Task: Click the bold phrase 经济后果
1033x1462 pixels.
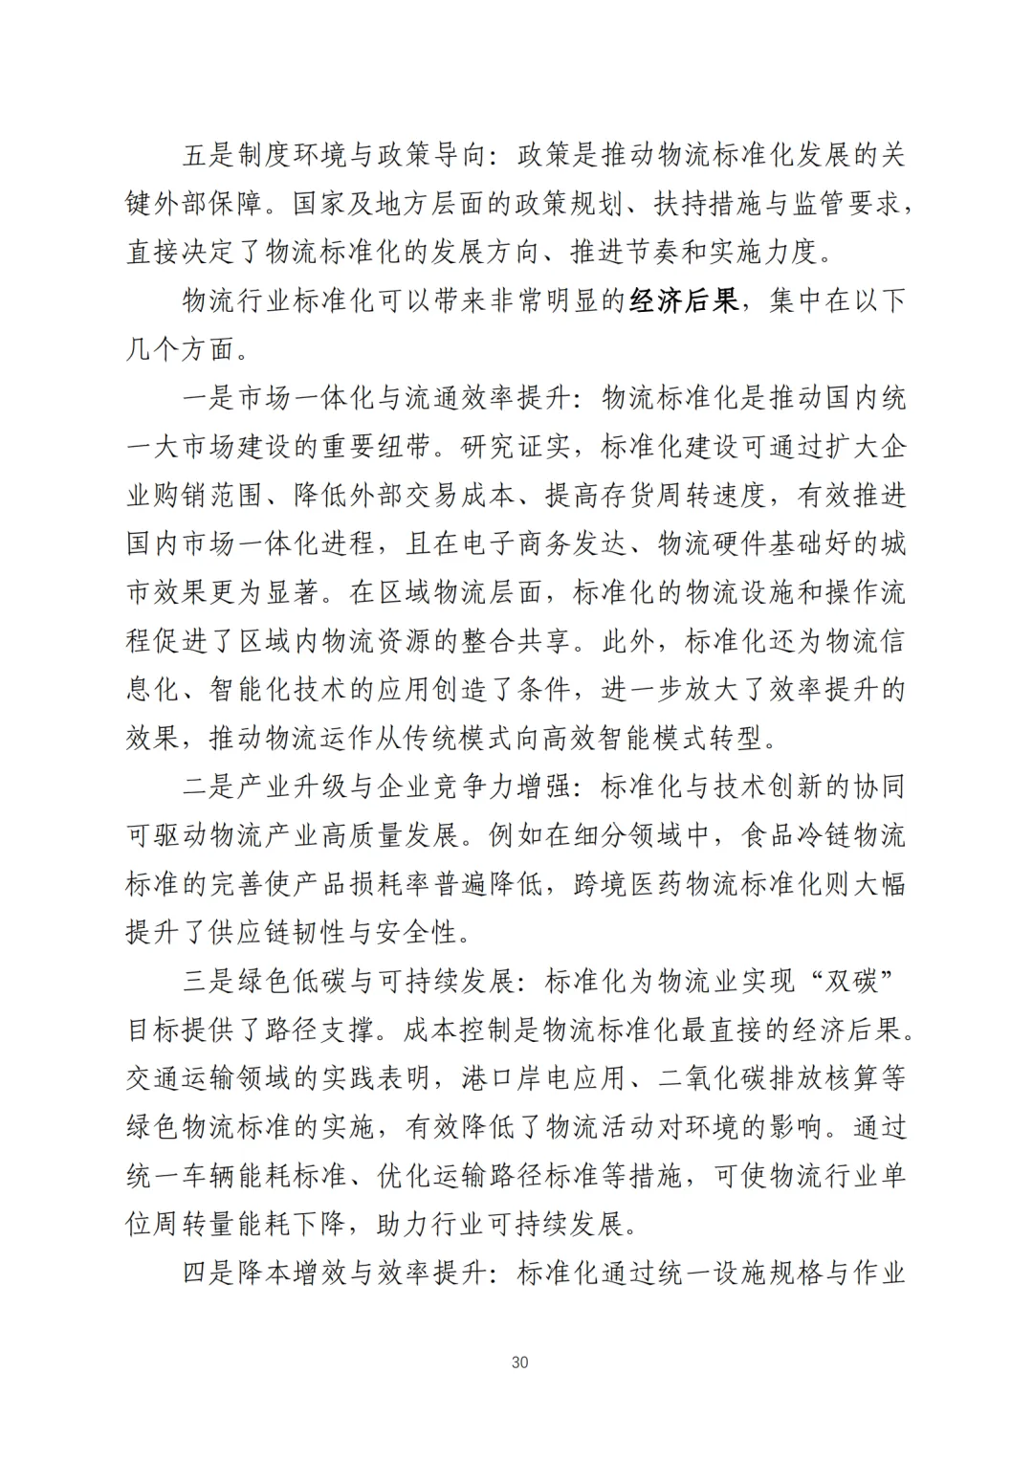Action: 685,301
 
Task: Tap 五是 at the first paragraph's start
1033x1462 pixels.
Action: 209,154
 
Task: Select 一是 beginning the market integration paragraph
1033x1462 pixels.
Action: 209,399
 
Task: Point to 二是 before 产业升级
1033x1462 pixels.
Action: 209,787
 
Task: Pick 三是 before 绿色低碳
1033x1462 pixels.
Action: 209,982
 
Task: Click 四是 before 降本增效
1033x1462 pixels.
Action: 209,1274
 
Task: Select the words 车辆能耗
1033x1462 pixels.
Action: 238,1176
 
